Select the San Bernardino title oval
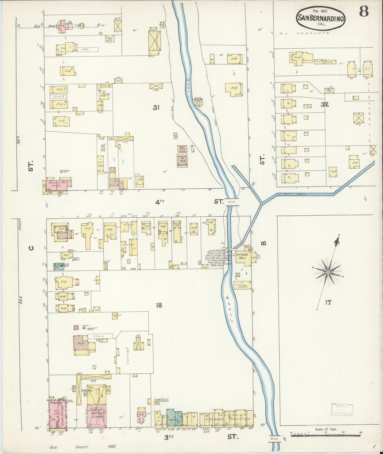tap(321, 18)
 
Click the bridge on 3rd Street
tap(274, 439)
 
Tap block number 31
tap(156, 107)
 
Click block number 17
tap(328, 302)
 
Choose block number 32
tap(325, 104)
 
